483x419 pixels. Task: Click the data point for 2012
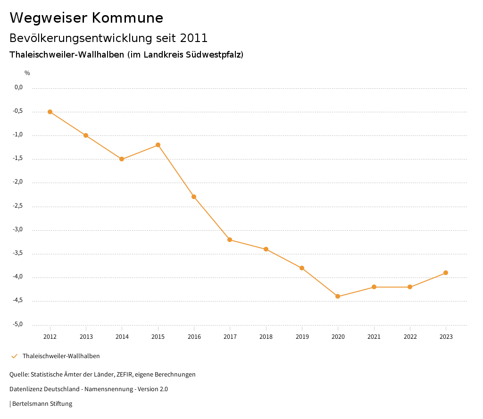point(50,112)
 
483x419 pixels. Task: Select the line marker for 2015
point(158,145)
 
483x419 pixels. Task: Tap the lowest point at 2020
point(338,296)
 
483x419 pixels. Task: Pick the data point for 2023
point(446,273)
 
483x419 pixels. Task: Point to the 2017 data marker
point(230,240)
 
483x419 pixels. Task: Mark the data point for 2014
point(122,159)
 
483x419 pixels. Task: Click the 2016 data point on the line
point(194,197)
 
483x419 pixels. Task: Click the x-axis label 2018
point(266,336)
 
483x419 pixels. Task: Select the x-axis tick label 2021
point(374,336)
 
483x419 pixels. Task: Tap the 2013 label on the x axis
point(86,336)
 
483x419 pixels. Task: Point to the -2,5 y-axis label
point(18,206)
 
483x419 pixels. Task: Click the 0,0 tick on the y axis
point(19,87)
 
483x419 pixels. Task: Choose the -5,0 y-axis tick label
point(18,324)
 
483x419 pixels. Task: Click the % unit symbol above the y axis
point(27,73)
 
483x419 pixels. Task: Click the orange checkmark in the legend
point(14,356)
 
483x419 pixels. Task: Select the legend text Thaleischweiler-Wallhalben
point(61,356)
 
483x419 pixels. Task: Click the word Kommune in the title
point(127,18)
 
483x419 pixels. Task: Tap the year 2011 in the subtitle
point(193,38)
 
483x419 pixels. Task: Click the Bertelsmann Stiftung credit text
point(42,404)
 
